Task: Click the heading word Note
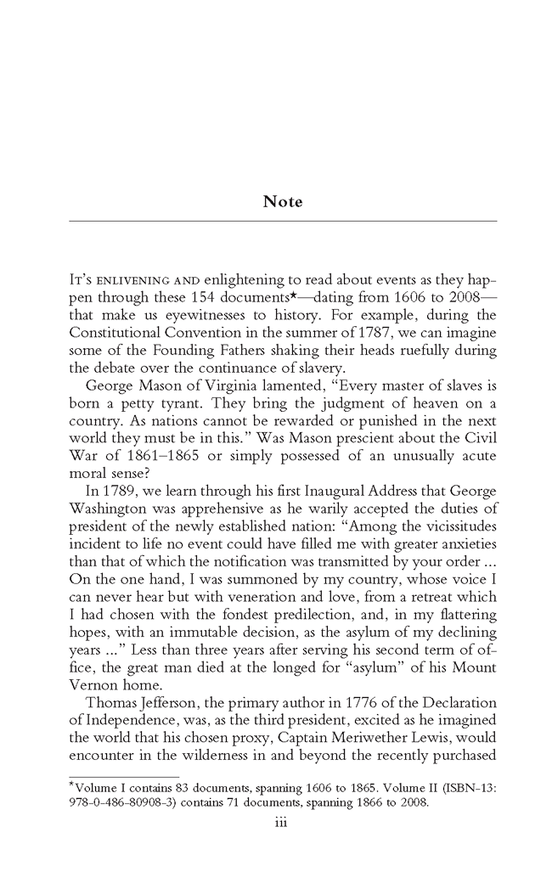click(x=282, y=202)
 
